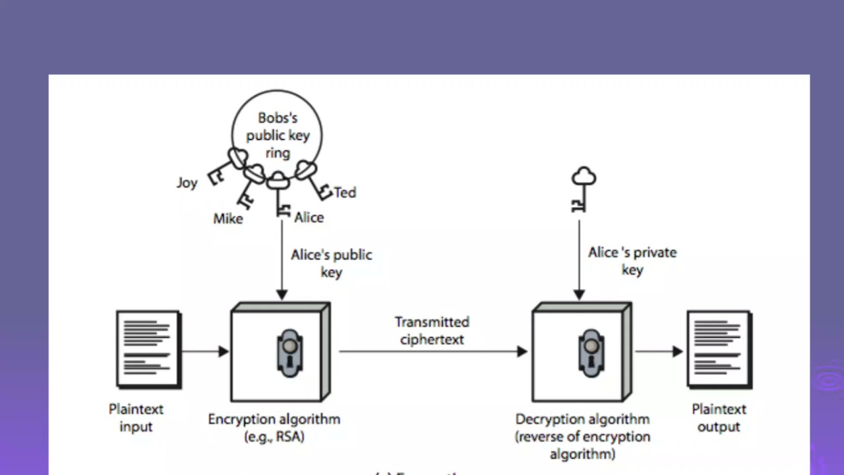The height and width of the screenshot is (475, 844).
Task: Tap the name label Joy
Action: (x=187, y=183)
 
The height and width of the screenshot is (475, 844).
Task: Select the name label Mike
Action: (x=228, y=218)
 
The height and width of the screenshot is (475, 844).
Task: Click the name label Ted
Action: (x=345, y=193)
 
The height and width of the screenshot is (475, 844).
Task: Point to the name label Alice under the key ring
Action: (x=309, y=218)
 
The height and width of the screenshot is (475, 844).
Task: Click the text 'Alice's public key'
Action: (x=331, y=263)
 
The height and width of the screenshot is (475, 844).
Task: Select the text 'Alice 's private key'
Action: (x=632, y=261)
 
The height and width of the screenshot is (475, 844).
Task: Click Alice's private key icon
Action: (x=582, y=189)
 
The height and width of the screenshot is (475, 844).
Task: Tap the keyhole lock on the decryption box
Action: (x=591, y=354)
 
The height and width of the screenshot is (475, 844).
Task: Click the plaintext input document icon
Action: (x=148, y=349)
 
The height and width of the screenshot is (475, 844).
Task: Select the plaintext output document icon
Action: (x=719, y=349)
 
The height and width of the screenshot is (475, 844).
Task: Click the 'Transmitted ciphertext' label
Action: (x=432, y=331)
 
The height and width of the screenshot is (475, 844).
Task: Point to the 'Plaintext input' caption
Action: (x=136, y=418)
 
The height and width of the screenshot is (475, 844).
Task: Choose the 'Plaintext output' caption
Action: (x=719, y=418)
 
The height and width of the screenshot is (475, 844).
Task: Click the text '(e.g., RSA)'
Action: (x=274, y=436)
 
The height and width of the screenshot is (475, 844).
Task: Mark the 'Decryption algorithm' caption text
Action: (x=582, y=420)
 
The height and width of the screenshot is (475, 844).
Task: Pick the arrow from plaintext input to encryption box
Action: (x=205, y=352)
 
